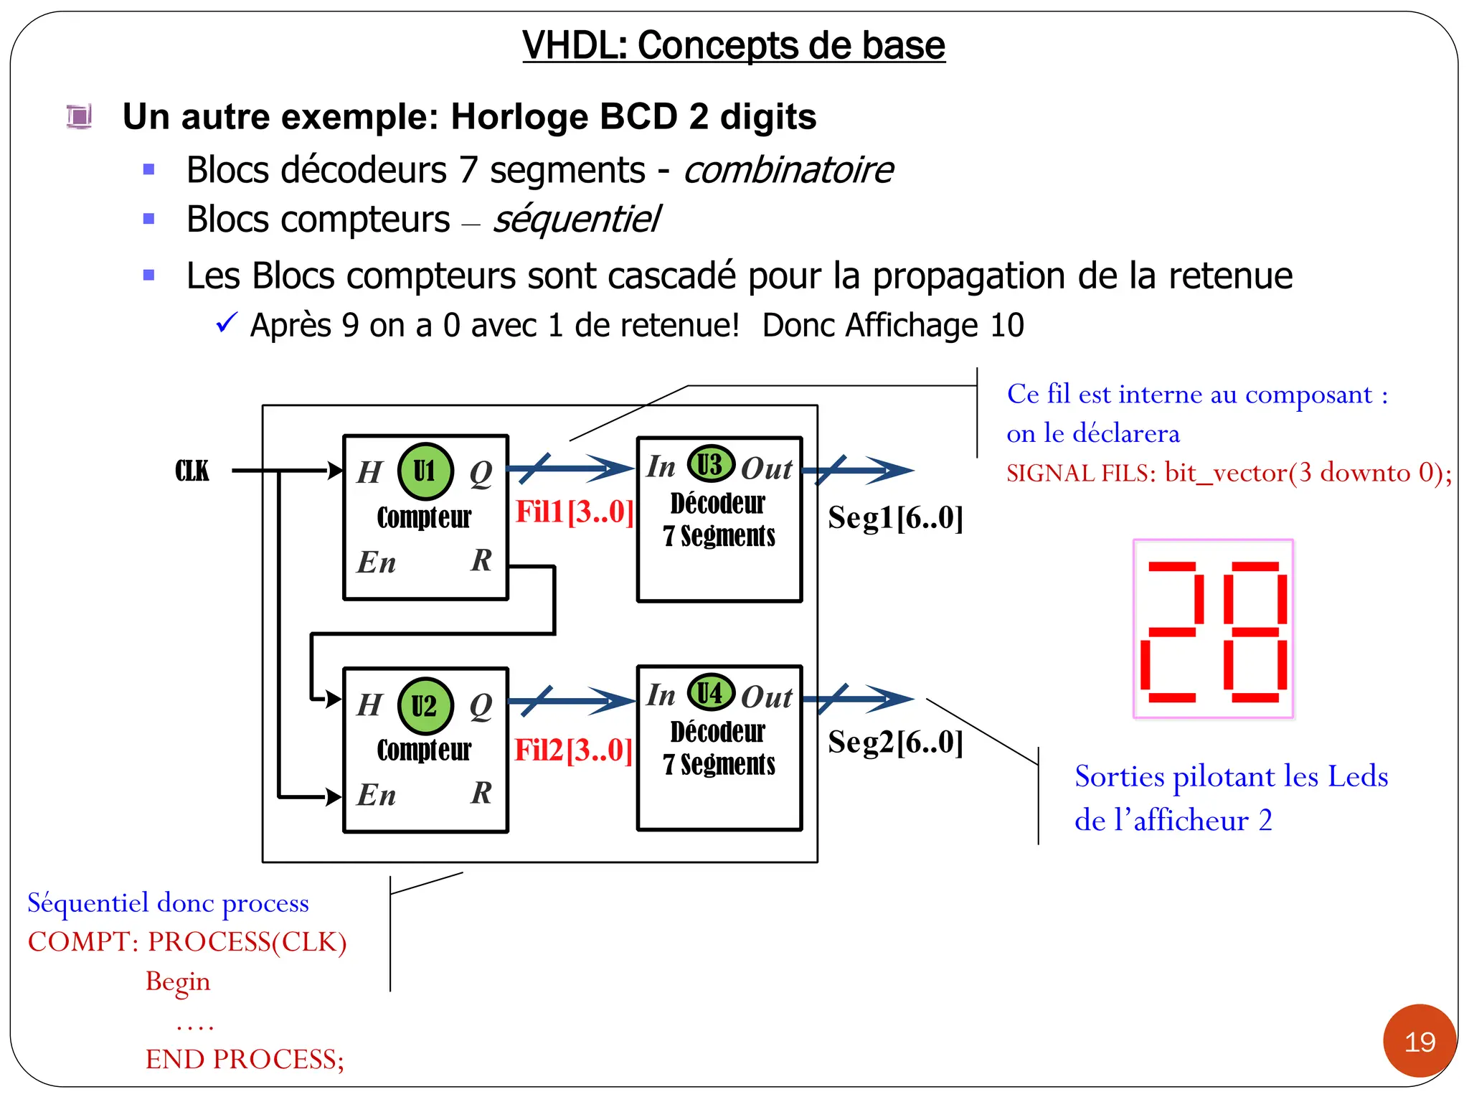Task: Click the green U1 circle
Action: [x=425, y=471]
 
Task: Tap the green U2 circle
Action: [x=425, y=706]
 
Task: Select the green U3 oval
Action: [x=711, y=464]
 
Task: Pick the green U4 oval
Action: [x=711, y=693]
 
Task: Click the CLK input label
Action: [x=192, y=471]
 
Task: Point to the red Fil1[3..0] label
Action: [x=575, y=512]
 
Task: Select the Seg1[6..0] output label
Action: [x=895, y=517]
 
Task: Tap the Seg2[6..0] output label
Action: [x=895, y=742]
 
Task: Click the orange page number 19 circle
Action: [x=1420, y=1041]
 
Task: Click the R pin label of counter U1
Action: [x=481, y=560]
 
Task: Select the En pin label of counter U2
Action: [x=377, y=795]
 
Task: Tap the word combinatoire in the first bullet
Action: [x=788, y=171]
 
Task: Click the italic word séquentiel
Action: [x=576, y=220]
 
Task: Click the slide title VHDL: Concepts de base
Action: [x=734, y=45]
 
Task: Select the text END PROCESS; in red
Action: [x=245, y=1059]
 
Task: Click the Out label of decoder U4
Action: [x=766, y=697]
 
